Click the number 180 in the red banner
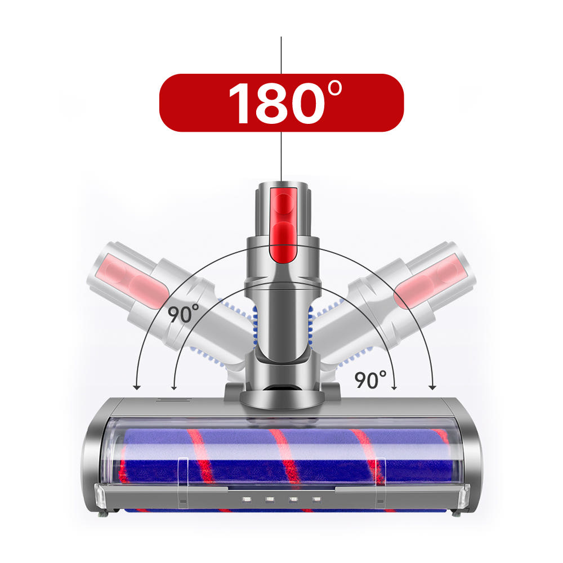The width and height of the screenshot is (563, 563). click(276, 103)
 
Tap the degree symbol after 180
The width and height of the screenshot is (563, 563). click(335, 88)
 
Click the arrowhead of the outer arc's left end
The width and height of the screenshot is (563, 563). click(136, 387)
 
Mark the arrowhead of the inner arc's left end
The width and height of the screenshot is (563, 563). click(174, 387)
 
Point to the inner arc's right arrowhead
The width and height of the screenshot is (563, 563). click(394, 387)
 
